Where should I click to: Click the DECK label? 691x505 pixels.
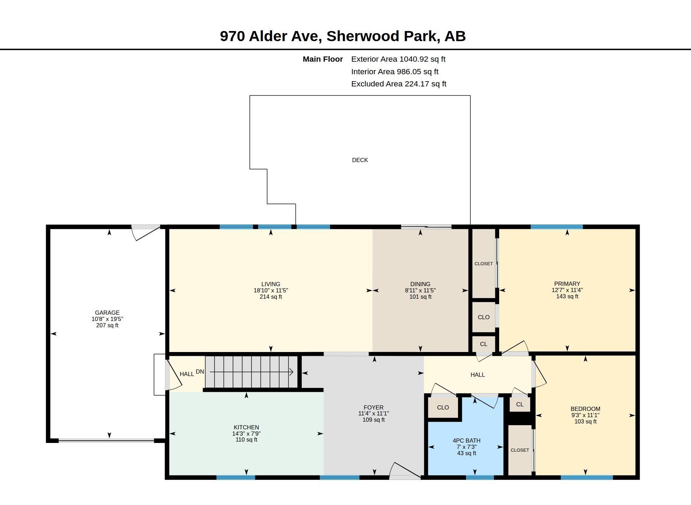coord(360,160)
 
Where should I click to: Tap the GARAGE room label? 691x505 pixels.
coord(107,313)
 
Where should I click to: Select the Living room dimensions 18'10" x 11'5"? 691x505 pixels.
coord(271,290)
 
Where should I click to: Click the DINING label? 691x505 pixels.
coord(420,284)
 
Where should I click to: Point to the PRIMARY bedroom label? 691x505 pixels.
coord(567,284)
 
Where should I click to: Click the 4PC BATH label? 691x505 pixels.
coord(466,441)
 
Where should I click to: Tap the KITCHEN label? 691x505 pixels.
coord(246,427)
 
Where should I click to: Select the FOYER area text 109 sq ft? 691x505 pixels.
coord(374,420)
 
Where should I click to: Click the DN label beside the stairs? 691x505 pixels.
coord(200,372)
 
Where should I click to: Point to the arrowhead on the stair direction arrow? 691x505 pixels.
coord(291,372)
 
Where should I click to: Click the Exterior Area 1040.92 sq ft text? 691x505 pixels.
coord(398,59)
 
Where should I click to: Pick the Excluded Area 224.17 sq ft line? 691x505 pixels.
coord(399,84)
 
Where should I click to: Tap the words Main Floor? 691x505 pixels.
coord(323,59)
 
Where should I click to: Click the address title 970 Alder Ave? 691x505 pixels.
coord(271,36)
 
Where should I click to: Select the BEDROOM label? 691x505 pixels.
coord(585,409)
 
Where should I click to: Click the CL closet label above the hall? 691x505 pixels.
coord(483,344)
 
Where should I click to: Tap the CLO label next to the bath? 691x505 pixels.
coord(443,407)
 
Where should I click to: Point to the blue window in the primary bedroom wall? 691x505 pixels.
coord(557,227)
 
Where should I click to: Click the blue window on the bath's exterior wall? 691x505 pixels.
coord(480,477)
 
